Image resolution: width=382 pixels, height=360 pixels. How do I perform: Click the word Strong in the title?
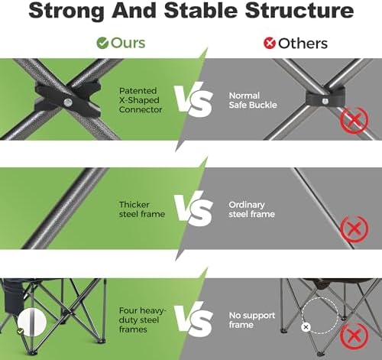(66, 11)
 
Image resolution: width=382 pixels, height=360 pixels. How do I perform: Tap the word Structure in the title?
(299, 10)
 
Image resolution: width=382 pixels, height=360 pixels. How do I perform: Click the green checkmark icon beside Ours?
(102, 43)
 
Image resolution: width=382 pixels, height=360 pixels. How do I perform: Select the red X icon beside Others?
(270, 43)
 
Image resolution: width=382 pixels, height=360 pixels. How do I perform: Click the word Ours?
(128, 43)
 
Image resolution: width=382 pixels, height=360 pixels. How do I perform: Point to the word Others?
(303, 44)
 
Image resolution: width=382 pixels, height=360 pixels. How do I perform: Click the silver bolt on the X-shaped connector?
(68, 102)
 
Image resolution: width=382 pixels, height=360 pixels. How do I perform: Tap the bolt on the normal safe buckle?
(325, 101)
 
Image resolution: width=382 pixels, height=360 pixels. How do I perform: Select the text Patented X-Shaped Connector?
(141, 100)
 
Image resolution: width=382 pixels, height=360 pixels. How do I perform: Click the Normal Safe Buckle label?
(253, 100)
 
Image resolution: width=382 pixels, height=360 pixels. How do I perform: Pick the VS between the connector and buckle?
(193, 100)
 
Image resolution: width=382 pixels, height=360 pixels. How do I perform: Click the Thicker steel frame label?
(142, 209)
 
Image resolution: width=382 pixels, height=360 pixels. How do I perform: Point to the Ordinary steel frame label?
(251, 209)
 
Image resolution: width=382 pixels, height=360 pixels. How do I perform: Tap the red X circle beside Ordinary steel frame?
(354, 229)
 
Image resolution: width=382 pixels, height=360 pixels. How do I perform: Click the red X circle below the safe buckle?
(354, 120)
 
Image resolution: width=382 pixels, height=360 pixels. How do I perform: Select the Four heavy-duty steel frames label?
(142, 319)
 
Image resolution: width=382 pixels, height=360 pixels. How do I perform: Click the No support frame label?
(252, 319)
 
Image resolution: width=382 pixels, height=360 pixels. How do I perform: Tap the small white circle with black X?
(306, 327)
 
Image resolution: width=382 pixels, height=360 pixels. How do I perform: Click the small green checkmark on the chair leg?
(20, 332)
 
